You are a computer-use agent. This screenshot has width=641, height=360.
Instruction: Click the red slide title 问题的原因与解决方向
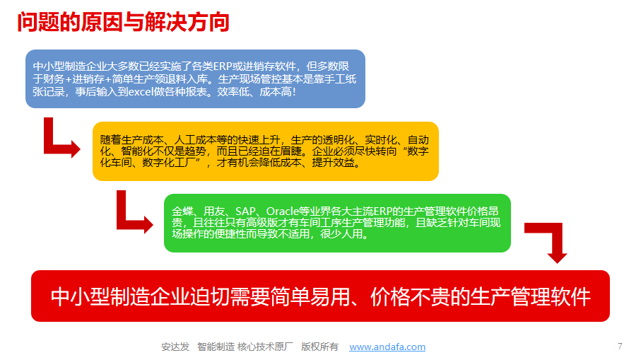tap(123, 22)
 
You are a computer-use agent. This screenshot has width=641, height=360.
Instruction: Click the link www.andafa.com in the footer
tap(387, 347)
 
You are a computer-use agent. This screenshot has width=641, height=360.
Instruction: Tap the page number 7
tap(620, 346)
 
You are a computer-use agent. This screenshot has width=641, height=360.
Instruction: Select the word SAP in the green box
tap(245, 211)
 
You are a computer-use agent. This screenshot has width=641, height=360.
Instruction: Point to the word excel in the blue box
tap(141, 92)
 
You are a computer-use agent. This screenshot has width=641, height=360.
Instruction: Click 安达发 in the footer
tap(175, 347)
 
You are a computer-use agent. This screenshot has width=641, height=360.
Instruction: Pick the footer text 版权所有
tap(319, 347)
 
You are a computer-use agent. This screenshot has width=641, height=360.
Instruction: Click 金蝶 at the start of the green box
tap(182, 211)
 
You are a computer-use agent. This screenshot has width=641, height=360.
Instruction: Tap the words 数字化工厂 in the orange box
tap(169, 163)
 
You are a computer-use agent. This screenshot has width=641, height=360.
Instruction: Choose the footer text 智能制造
tap(216, 347)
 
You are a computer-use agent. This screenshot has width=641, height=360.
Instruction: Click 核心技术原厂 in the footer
tap(265, 347)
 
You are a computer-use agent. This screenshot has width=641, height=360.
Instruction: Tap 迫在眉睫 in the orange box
tap(280, 151)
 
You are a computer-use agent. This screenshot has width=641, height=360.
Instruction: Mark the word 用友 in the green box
tap(214, 211)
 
